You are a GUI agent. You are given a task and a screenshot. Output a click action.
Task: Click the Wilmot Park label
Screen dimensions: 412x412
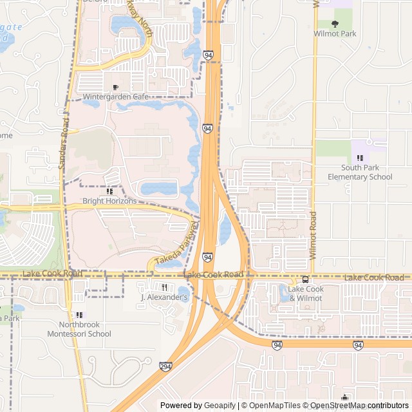pyautogui.click(x=334, y=33)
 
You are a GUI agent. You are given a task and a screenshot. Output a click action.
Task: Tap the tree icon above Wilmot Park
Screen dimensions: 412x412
pyautogui.click(x=335, y=24)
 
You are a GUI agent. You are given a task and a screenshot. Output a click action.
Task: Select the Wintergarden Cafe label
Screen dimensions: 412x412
pyautogui.click(x=115, y=97)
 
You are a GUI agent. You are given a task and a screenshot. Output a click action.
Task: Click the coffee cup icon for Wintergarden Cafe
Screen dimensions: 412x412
pyautogui.click(x=116, y=88)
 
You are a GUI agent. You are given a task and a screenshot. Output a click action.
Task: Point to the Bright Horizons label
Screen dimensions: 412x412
pyautogui.click(x=109, y=201)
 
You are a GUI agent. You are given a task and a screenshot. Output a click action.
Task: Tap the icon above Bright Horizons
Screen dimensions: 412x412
pyautogui.click(x=109, y=191)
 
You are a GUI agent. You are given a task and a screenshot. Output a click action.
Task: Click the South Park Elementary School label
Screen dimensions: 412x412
pyautogui.click(x=360, y=173)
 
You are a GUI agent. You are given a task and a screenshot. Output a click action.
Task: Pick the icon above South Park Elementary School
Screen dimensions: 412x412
pyautogui.click(x=360, y=158)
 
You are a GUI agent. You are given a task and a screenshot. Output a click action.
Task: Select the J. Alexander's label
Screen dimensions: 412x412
pyautogui.click(x=164, y=297)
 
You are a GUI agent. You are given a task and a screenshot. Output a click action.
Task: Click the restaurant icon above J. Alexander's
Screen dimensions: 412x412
pyautogui.click(x=164, y=287)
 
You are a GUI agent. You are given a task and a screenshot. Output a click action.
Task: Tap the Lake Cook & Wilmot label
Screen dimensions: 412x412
pyautogui.click(x=305, y=294)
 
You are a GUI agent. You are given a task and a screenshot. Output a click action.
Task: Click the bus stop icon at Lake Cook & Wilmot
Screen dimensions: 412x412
pyautogui.click(x=305, y=280)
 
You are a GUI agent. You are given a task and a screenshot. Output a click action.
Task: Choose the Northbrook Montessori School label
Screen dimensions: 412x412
pyautogui.click(x=79, y=330)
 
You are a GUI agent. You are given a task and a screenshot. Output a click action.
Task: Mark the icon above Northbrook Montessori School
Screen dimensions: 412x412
pyautogui.click(x=79, y=315)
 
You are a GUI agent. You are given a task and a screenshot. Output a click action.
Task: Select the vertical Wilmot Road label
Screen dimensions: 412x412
pyautogui.click(x=314, y=236)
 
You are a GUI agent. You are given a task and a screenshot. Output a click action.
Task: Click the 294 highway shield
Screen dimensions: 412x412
pyautogui.click(x=166, y=366)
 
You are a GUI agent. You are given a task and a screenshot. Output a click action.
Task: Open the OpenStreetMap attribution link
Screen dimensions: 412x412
pyautogui.click(x=338, y=406)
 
